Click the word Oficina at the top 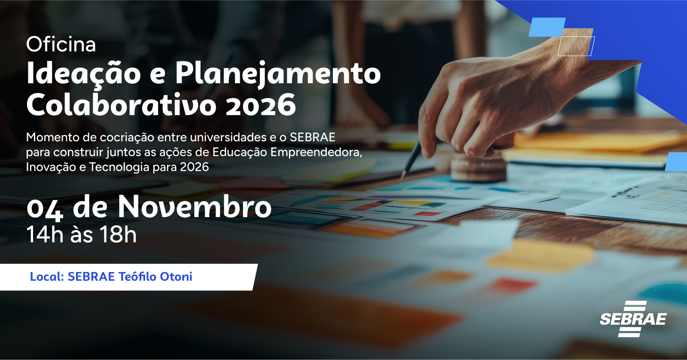tap(61, 45)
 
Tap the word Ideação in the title tap(84, 75)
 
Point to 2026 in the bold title tap(261, 106)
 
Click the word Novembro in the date tap(195, 207)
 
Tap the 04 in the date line tap(45, 210)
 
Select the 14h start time tap(45, 235)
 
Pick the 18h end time tap(118, 235)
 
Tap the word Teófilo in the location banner tap(137, 277)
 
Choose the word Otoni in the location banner tap(176, 277)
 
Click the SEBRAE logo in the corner tap(633, 319)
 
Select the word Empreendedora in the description tap(316, 153)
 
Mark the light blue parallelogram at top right tap(547, 27)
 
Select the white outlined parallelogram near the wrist tap(576, 46)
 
